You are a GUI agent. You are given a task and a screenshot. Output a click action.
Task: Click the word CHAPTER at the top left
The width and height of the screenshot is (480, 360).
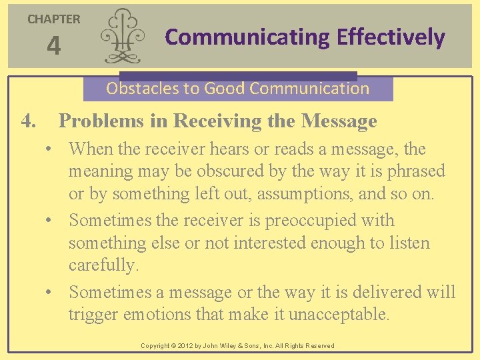pyautogui.click(x=53, y=19)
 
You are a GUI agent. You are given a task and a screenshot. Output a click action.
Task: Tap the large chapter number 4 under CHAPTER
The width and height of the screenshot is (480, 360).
pyautogui.click(x=53, y=47)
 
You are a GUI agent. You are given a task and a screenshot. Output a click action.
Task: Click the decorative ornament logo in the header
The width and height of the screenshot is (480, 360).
pyautogui.click(x=123, y=36)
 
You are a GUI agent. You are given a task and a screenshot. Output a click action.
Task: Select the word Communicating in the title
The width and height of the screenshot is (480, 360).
pyautogui.click(x=247, y=37)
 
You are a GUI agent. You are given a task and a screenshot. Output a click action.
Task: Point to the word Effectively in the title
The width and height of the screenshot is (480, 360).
pyautogui.click(x=391, y=37)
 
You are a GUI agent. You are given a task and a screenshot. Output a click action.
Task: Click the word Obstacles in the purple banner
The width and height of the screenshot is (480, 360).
pyautogui.click(x=137, y=88)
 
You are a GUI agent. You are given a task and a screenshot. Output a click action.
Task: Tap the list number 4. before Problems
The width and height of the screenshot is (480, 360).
pyautogui.click(x=29, y=121)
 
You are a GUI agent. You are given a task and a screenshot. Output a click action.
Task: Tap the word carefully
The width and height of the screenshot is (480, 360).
pyautogui.click(x=103, y=265)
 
